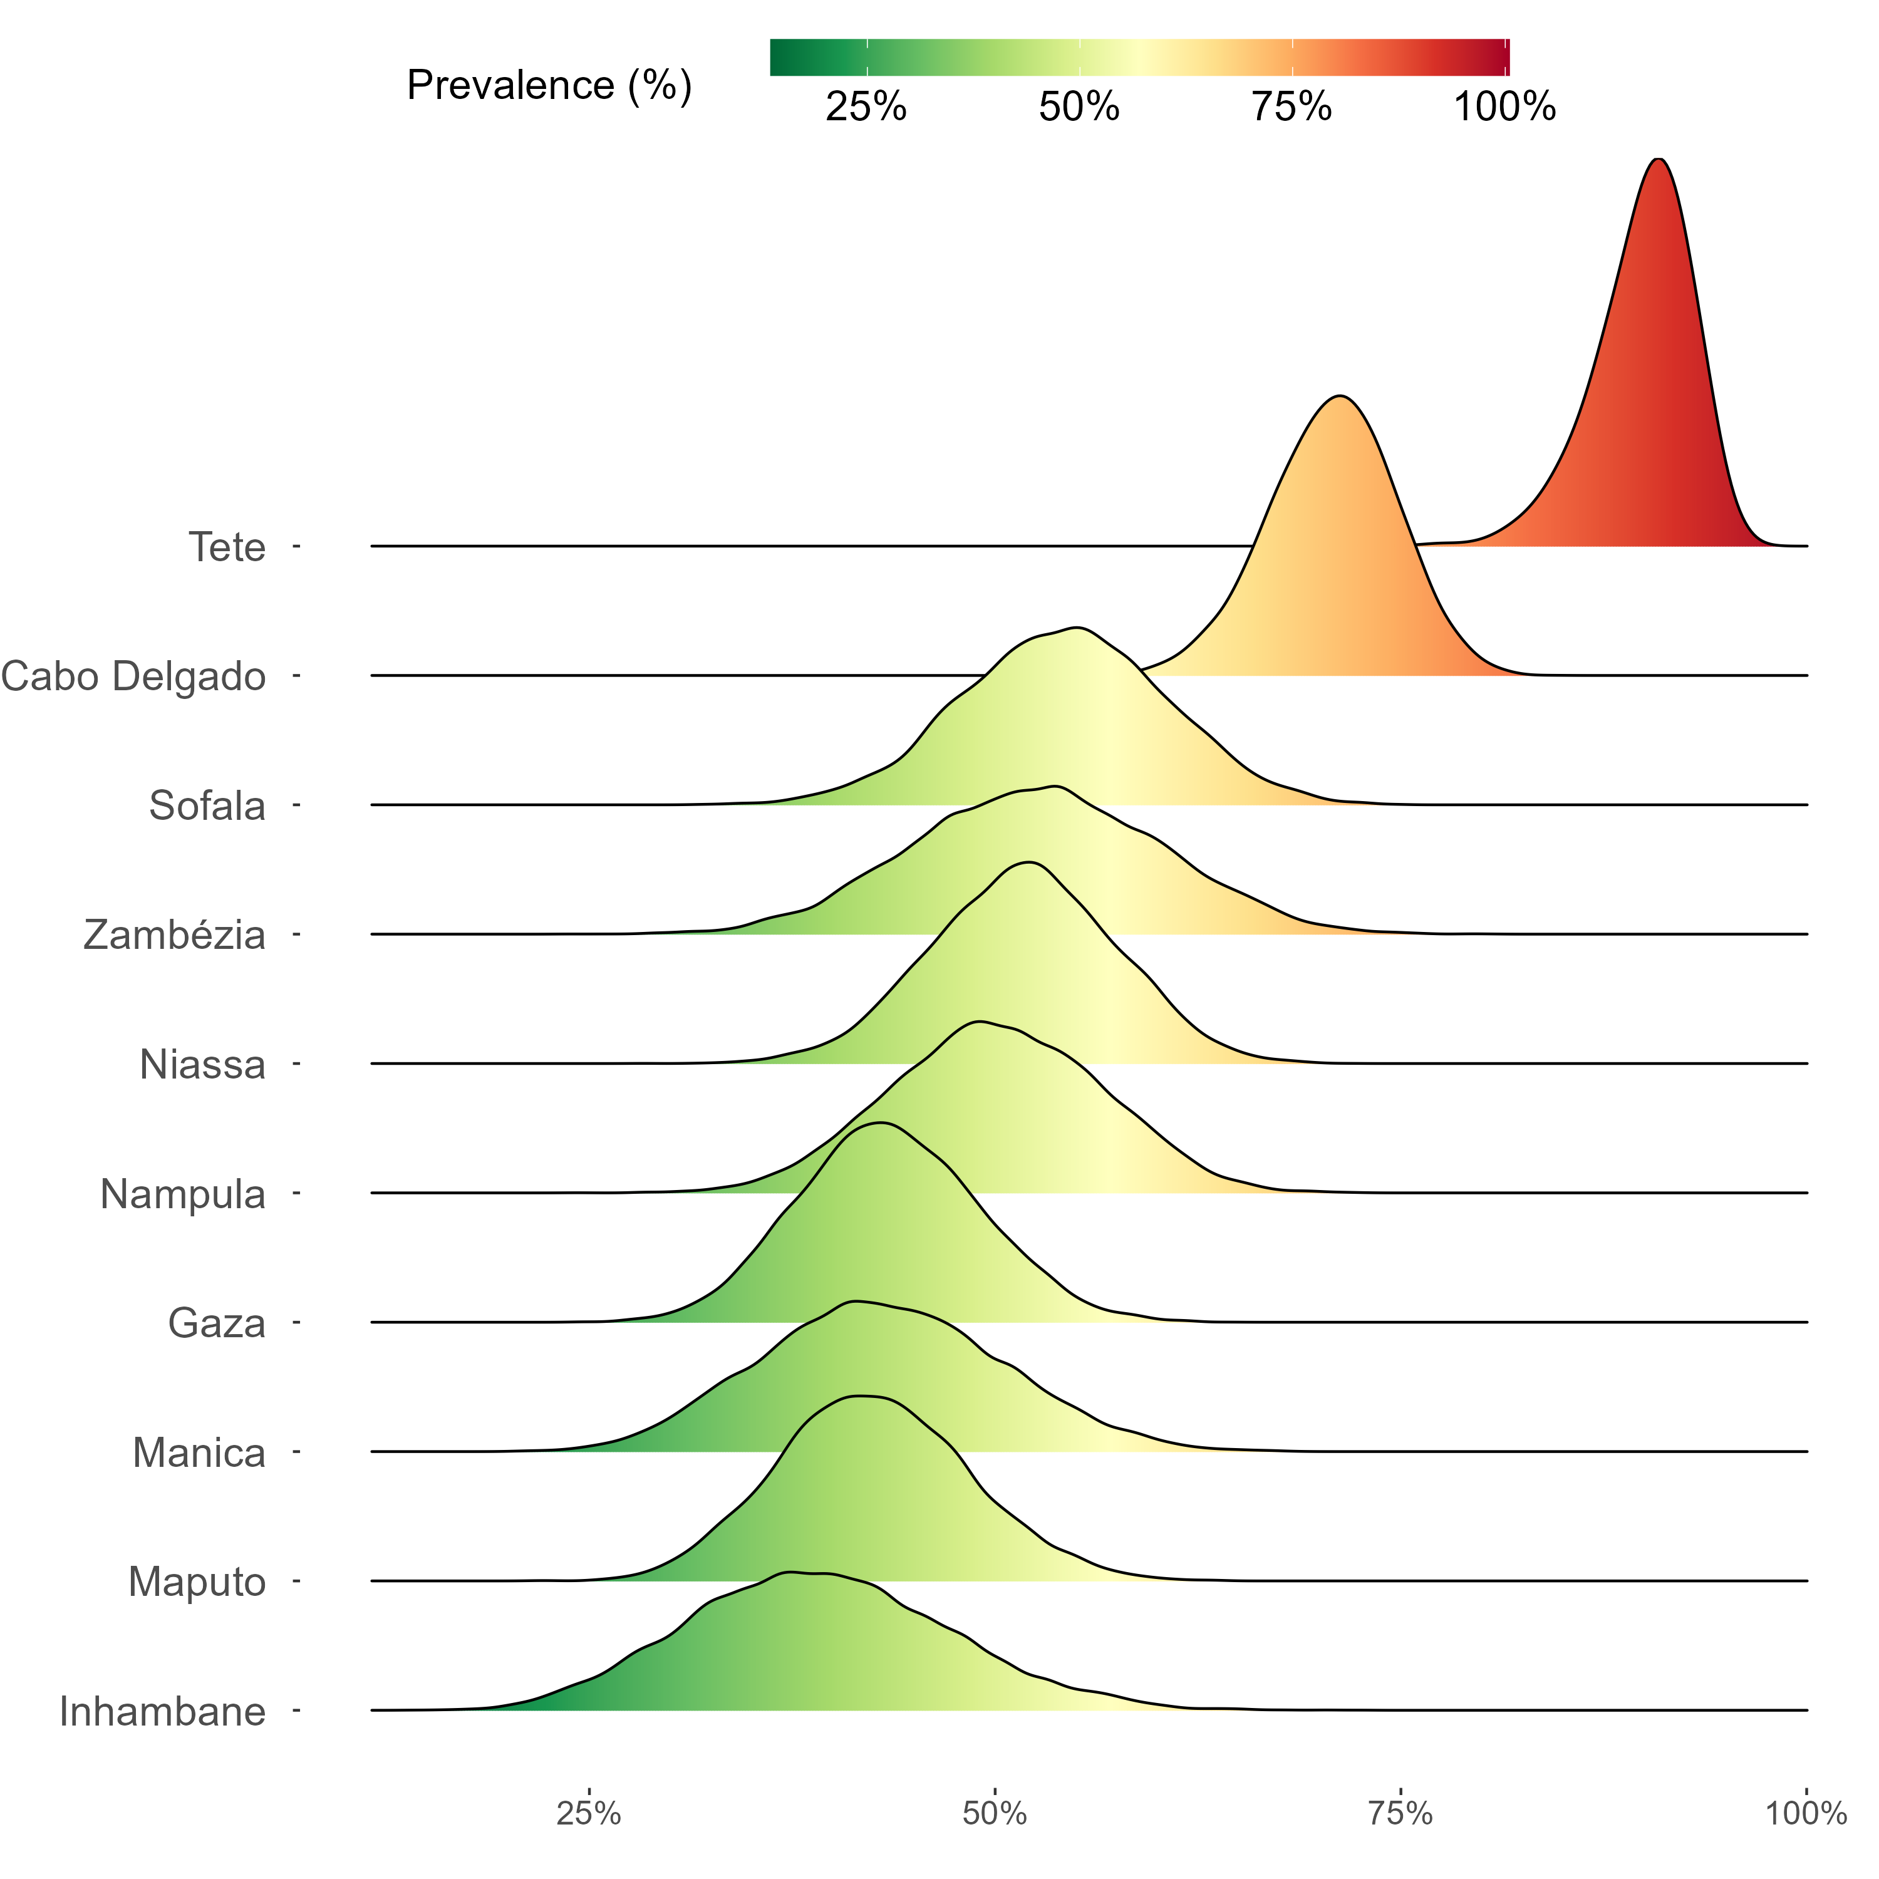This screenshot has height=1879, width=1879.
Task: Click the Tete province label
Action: pyautogui.click(x=227, y=547)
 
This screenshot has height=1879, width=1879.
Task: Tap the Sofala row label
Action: pyautogui.click(x=207, y=806)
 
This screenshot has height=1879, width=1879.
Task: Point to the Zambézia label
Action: pyautogui.click(x=175, y=936)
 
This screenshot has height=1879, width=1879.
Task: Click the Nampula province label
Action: pyautogui.click(x=183, y=1194)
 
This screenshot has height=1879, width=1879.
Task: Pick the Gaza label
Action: pyautogui.click(x=217, y=1323)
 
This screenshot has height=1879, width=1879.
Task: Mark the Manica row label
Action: pyautogui.click(x=199, y=1453)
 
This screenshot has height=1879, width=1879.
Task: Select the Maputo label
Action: pyautogui.click(x=197, y=1582)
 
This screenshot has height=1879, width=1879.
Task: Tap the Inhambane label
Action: pyautogui.click(x=162, y=1712)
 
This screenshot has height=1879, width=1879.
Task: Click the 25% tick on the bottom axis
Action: pyautogui.click(x=588, y=1814)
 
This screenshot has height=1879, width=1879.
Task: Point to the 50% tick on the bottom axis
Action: pyautogui.click(x=995, y=1814)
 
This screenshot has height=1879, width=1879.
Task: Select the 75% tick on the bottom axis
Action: pyautogui.click(x=1400, y=1814)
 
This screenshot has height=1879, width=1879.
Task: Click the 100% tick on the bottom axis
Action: pyautogui.click(x=1806, y=1814)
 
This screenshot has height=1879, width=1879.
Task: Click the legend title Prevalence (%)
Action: pyautogui.click(x=549, y=86)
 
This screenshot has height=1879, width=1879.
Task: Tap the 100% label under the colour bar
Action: pyautogui.click(x=1504, y=107)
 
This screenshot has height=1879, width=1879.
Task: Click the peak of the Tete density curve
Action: pyautogui.click(x=1659, y=160)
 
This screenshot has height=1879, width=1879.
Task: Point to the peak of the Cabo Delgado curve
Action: pyautogui.click(x=1341, y=397)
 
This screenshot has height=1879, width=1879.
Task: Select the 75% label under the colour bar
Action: pyautogui.click(x=1291, y=107)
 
